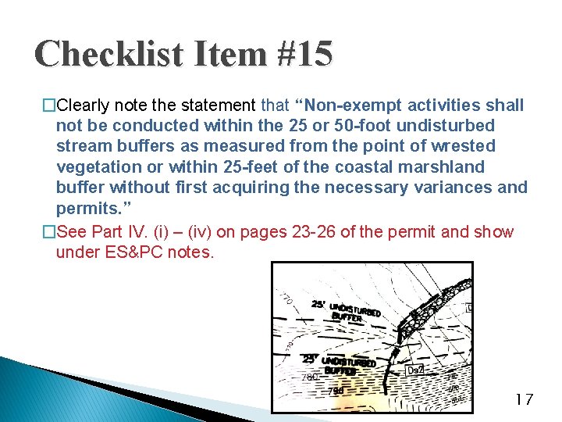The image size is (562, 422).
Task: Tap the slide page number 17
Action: tap(524, 400)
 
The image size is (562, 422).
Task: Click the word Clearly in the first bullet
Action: tap(87, 105)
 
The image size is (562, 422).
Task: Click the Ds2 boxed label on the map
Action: tap(417, 369)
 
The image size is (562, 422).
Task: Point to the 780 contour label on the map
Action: tap(310, 377)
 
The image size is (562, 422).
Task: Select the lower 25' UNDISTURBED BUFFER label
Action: tap(340, 364)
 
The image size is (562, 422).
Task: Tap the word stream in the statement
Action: tap(80, 146)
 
